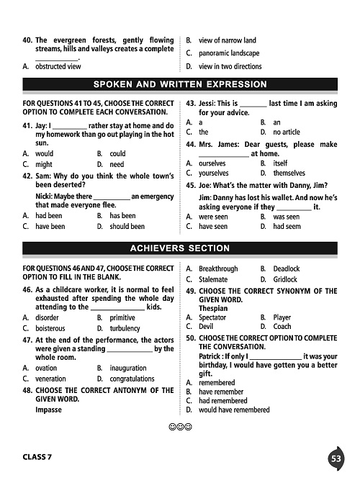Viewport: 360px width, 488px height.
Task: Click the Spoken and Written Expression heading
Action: pyautogui.click(x=180, y=85)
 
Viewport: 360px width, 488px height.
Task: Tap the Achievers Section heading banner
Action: pyautogui.click(x=180, y=248)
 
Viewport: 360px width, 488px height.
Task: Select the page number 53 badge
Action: pyautogui.click(x=336, y=458)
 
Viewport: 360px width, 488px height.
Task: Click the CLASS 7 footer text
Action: pyautogui.click(x=42, y=458)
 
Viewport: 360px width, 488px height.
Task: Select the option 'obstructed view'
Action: pyautogui.click(x=58, y=66)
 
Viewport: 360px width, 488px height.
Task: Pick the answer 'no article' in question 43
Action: pyautogui.click(x=287, y=132)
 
